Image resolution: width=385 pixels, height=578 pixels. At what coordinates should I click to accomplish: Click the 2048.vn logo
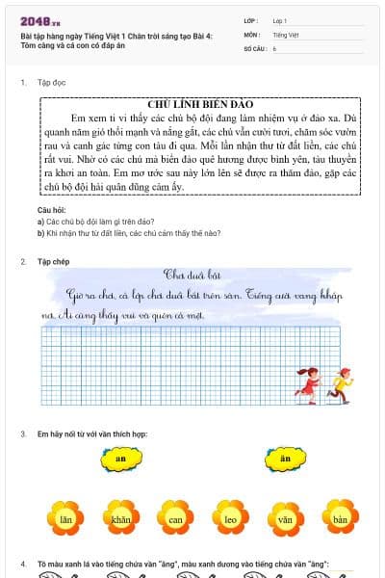click(39, 20)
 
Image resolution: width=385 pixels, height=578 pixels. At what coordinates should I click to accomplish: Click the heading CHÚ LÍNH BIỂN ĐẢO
click(199, 103)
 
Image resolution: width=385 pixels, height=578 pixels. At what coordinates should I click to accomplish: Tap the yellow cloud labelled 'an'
click(120, 460)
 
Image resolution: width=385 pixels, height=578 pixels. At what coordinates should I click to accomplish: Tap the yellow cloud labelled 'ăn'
click(284, 460)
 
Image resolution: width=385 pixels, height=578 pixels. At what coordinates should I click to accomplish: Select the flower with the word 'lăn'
click(66, 518)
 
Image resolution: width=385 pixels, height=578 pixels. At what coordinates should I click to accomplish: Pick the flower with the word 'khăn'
click(121, 518)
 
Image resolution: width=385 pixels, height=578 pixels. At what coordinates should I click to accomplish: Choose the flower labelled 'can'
click(176, 518)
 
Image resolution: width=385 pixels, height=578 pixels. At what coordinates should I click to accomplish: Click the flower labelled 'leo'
click(231, 518)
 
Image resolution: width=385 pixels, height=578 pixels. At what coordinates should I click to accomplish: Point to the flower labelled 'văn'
click(285, 518)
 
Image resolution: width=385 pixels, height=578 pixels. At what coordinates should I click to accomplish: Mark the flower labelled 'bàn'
click(339, 518)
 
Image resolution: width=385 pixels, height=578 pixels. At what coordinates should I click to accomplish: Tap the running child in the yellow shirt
click(339, 383)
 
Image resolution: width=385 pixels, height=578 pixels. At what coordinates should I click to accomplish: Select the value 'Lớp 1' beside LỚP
click(280, 19)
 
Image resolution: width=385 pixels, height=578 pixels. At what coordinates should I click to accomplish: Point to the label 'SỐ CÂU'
click(253, 47)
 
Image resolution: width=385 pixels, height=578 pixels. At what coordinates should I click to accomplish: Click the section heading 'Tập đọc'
click(51, 83)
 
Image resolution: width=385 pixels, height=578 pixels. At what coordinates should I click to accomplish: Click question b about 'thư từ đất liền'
click(115, 232)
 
